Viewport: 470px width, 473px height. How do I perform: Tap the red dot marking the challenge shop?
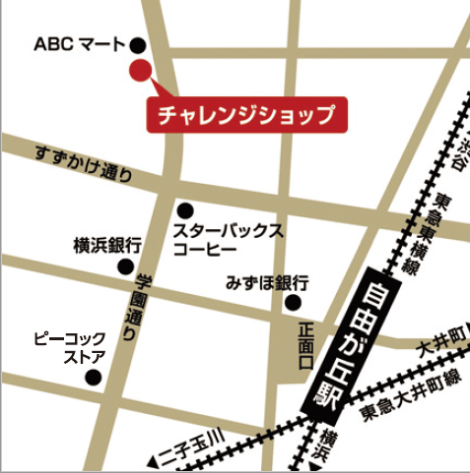click(x=140, y=70)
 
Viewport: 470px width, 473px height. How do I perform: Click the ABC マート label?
click(x=80, y=43)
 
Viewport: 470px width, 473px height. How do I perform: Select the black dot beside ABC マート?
click(x=138, y=44)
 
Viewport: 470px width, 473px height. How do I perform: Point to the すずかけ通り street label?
click(x=81, y=165)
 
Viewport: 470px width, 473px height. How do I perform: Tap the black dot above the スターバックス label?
click(x=185, y=209)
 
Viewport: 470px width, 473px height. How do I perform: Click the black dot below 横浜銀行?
click(x=125, y=266)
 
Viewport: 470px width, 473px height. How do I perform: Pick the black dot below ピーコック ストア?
click(x=94, y=377)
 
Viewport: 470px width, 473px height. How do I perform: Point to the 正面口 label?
click(x=305, y=346)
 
